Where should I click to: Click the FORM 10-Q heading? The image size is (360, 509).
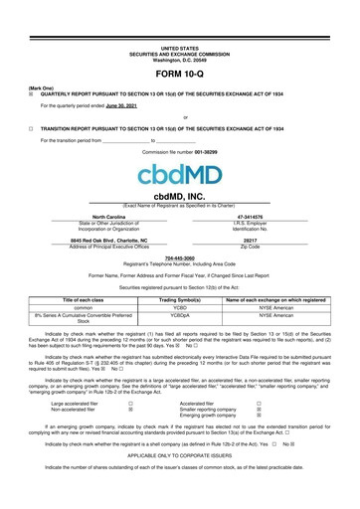(179, 75)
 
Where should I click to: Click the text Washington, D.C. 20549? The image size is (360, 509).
(179, 58)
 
